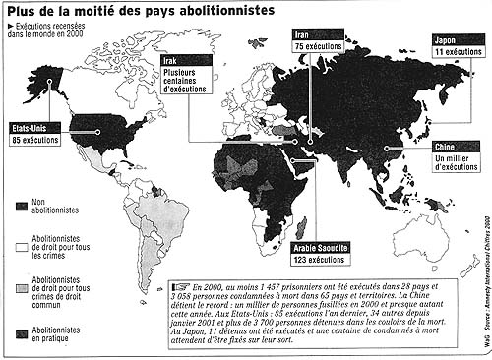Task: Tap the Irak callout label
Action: click(x=171, y=61)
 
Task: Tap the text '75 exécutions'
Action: click(x=317, y=47)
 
